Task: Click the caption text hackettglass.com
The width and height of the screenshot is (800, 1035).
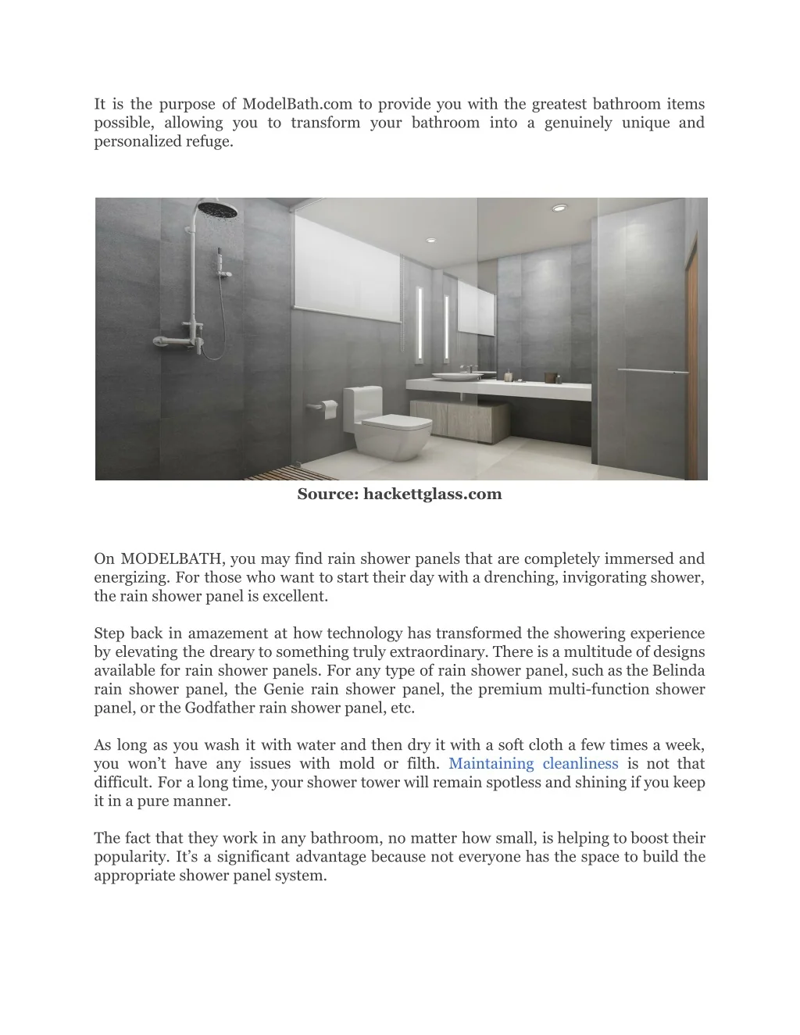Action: [432, 494]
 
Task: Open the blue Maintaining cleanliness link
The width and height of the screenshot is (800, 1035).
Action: [534, 763]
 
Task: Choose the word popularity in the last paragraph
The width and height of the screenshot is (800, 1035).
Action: [131, 857]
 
